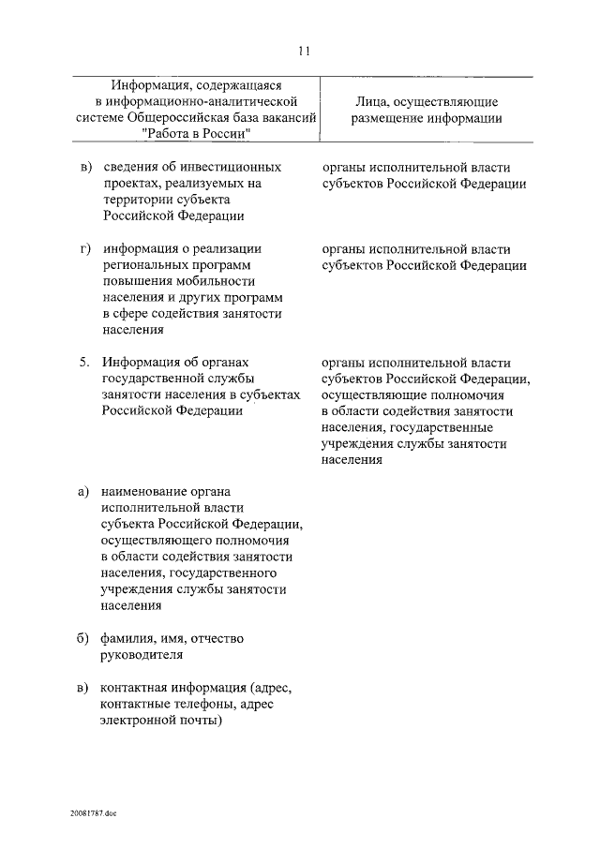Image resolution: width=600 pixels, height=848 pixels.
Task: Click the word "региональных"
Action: [x=143, y=265]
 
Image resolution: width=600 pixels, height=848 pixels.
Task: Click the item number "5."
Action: [x=84, y=362]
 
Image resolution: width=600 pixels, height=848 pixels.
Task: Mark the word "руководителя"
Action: [x=142, y=655]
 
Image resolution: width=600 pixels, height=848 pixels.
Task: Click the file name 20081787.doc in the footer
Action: [x=94, y=813]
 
